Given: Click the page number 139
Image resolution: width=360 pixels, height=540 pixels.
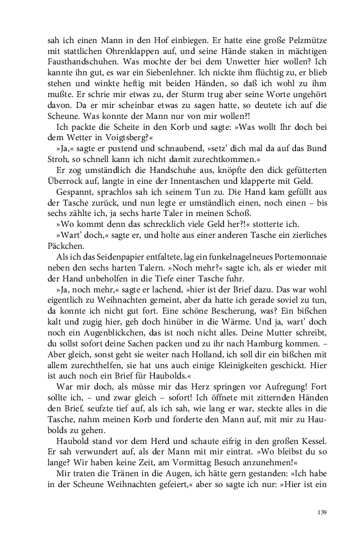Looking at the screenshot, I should pos(321,512).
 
